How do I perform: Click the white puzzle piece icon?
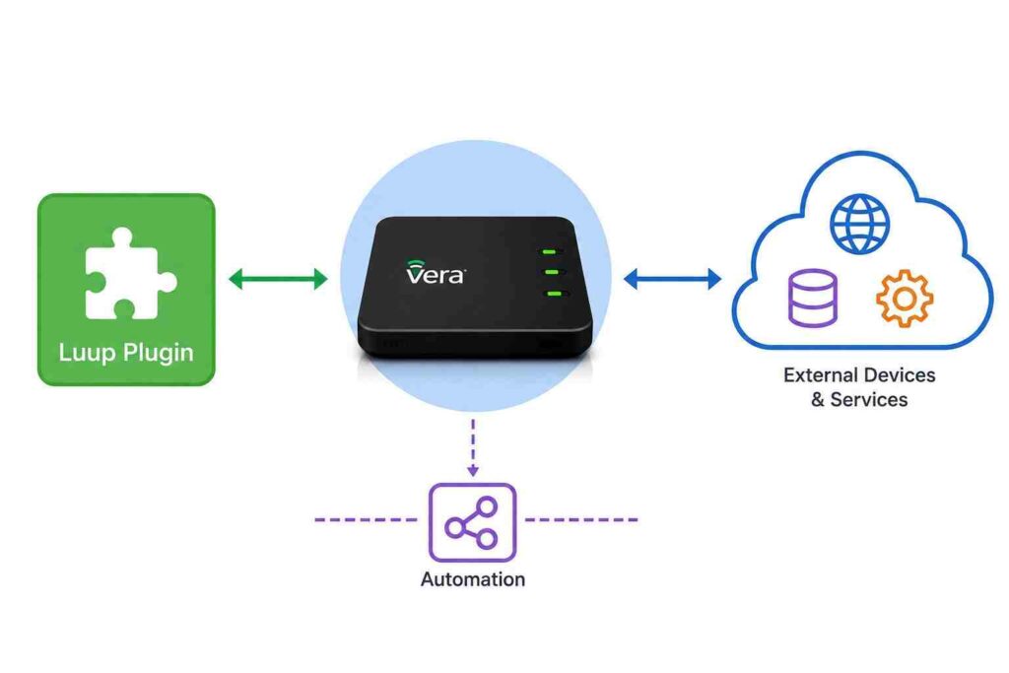(129, 274)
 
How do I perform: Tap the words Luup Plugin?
(126, 353)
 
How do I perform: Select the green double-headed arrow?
(278, 279)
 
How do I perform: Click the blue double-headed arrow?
(672, 279)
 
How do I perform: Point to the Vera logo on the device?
(435, 272)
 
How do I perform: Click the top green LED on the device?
(549, 251)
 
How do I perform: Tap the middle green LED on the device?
(552, 272)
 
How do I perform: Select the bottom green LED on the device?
(554, 294)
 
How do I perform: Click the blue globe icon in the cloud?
(859, 224)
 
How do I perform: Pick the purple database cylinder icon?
(813, 298)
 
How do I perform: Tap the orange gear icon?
(905, 299)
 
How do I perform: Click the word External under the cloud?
(819, 375)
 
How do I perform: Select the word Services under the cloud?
(869, 399)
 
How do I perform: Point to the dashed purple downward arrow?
(473, 447)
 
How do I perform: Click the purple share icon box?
(472, 522)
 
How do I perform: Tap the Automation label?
(473, 579)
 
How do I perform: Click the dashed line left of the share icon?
(366, 519)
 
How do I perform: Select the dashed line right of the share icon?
(581, 519)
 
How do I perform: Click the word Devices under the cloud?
(899, 375)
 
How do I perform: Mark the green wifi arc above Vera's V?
(415, 263)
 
